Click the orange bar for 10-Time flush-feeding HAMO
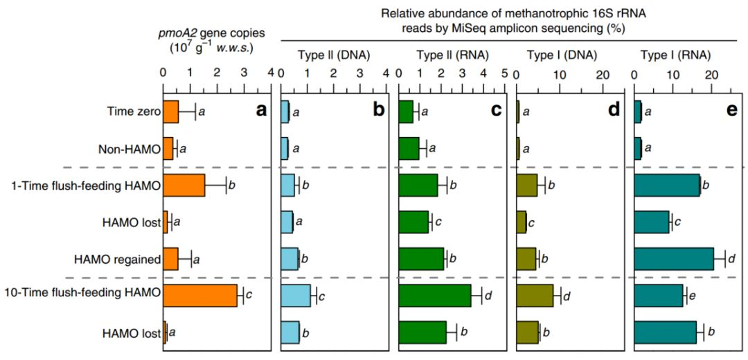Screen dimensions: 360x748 pos(199,296)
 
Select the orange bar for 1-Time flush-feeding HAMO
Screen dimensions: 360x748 pos(184,185)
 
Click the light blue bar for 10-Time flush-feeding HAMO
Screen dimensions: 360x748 pos(296,296)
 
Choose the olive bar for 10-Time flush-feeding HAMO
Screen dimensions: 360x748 pos(535,296)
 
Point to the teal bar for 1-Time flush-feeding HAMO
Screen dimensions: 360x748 pos(667,185)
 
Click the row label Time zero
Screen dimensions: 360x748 pos(134,111)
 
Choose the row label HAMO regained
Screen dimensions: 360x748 pos(117,259)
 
